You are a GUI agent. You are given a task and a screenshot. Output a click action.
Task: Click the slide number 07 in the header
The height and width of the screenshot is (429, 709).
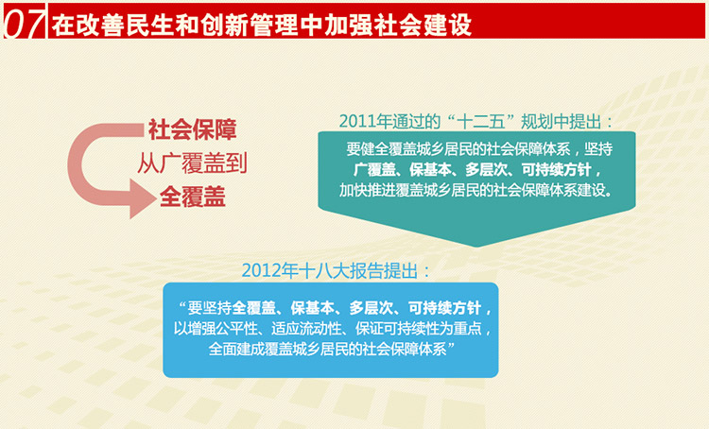[x=24, y=22]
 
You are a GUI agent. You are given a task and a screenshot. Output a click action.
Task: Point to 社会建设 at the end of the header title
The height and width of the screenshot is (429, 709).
[x=422, y=24]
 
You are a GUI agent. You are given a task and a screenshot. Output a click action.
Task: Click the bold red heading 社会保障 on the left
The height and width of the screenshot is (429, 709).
[x=193, y=129]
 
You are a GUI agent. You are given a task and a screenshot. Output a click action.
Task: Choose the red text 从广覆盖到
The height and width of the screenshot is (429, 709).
[x=193, y=163]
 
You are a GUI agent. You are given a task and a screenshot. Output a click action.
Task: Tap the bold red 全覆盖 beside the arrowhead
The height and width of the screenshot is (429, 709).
[x=193, y=197]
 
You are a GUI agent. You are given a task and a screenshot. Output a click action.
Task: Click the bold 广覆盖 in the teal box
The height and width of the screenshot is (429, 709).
[x=375, y=169]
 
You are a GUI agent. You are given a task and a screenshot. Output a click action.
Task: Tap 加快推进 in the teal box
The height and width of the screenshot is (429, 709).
[x=367, y=190]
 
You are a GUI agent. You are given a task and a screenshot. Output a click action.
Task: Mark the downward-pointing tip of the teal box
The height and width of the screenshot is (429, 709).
[x=476, y=247]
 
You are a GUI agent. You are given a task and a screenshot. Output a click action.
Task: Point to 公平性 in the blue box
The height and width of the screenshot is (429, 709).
[x=236, y=328]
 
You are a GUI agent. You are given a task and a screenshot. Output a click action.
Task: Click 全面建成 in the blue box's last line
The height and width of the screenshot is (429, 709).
[x=236, y=349]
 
